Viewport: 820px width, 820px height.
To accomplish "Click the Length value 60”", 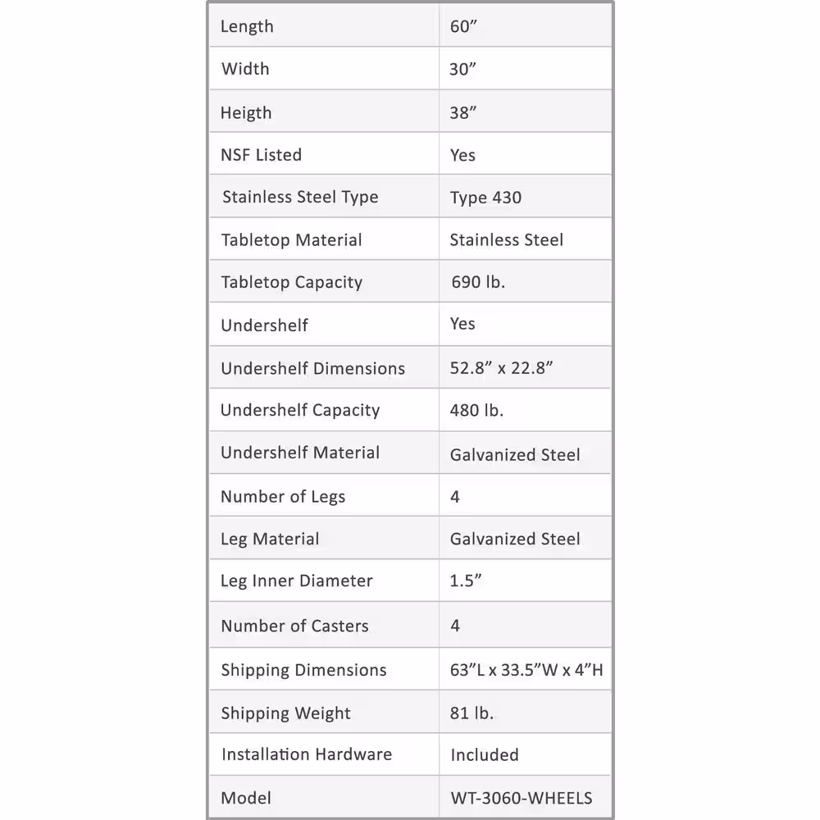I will [463, 26].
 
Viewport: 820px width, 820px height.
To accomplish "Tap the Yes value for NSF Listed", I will [462, 155].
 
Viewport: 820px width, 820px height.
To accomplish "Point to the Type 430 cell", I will [485, 198].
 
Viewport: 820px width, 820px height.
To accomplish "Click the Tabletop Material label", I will [291, 240].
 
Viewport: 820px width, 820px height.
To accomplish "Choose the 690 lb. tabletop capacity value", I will [478, 283].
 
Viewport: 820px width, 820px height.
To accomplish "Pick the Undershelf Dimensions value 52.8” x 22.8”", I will [502, 368].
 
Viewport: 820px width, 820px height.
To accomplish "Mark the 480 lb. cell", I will [476, 411].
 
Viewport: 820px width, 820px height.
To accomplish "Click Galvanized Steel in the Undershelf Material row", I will [515, 454].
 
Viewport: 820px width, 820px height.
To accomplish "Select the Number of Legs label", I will [283, 497].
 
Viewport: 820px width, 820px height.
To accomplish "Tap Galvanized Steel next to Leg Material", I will [515, 540].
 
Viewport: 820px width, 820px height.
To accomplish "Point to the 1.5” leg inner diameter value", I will [466, 581].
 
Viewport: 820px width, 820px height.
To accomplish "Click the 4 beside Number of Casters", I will [455, 626].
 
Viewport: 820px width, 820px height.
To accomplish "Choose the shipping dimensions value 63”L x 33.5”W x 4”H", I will [526, 670].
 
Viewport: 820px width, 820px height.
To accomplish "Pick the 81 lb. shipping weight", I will [471, 713].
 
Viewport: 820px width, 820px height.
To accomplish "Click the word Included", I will [485, 754].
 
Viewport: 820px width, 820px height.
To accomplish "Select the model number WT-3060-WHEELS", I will [522, 798].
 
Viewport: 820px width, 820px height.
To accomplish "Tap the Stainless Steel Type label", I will [300, 198].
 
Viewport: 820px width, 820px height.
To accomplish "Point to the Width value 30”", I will [462, 70].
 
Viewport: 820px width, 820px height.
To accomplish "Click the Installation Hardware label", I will [307, 754].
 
